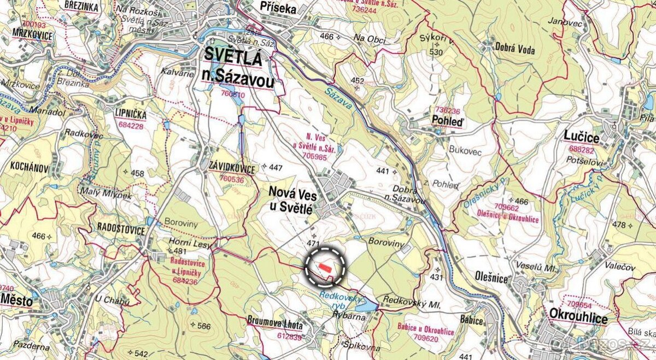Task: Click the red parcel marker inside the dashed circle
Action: pos(324,267)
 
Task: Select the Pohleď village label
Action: pos(447,122)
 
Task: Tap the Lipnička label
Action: pos(131,114)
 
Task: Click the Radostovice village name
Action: pos(121,229)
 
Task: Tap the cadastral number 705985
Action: pos(310,156)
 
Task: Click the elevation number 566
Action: pos(203,326)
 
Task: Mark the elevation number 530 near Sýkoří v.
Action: pos(436,52)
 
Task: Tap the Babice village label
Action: pos(471,320)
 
